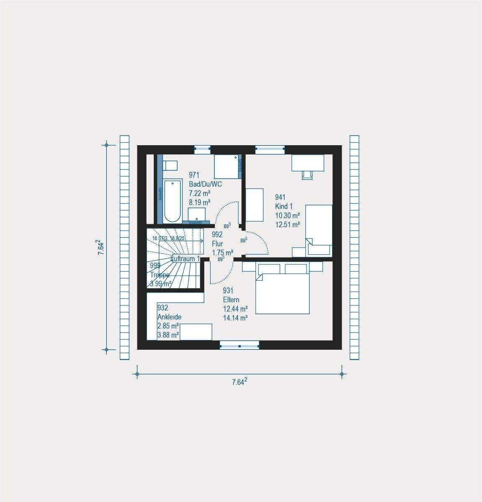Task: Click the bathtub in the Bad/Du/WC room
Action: point(173,201)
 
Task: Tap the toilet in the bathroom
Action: point(170,165)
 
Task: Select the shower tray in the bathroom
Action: point(227,167)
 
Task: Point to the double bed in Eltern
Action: point(283,293)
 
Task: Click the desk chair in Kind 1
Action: point(307,174)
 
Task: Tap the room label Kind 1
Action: point(284,206)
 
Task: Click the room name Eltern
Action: point(231,300)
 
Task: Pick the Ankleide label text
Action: point(169,317)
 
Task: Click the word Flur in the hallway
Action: point(217,243)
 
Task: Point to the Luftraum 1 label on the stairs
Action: point(186,259)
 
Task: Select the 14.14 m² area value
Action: point(235,318)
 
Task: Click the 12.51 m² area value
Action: point(287,225)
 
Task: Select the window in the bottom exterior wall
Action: point(239,345)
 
